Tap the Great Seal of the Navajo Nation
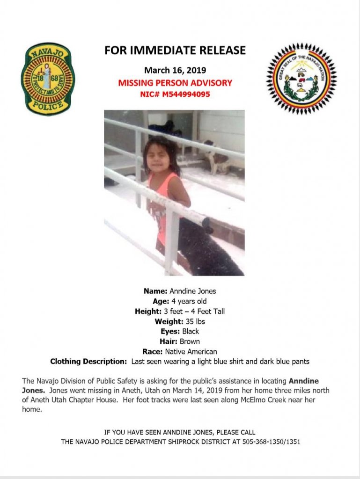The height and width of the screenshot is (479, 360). tap(301, 79)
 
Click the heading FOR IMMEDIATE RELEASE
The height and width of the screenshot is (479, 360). tap(175, 51)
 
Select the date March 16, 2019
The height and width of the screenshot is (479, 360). tap(175, 71)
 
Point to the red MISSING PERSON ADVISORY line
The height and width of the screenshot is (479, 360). tap(175, 83)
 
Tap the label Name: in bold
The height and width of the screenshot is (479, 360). tap(155, 291)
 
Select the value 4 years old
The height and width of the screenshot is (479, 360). tap(189, 301)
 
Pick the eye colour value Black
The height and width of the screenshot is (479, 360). tap(191, 331)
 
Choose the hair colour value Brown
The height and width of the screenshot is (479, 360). tap(190, 341)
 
